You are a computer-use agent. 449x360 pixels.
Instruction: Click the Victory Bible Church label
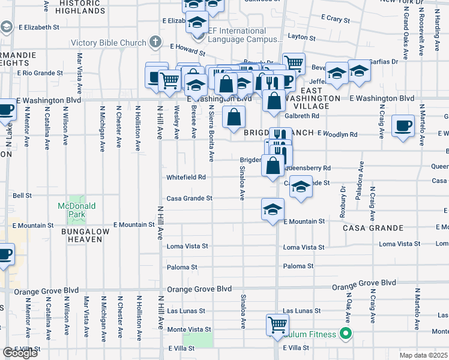108,43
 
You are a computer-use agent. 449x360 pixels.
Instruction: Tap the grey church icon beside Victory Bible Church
156,43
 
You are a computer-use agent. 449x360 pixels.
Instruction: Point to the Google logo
20,353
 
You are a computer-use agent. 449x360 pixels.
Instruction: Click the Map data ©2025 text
424,355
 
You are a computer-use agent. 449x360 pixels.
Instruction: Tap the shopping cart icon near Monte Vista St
277,324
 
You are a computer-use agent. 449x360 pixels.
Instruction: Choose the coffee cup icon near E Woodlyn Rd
403,126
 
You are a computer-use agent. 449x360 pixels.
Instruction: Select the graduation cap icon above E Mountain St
273,209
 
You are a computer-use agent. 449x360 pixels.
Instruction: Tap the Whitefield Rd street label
186,178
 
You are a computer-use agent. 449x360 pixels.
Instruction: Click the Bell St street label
22,196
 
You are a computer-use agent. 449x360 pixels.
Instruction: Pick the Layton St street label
301,37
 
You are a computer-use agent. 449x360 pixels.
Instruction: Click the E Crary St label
335,20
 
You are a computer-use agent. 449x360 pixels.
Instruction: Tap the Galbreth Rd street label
302,116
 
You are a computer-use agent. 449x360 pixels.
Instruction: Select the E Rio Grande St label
40,73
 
